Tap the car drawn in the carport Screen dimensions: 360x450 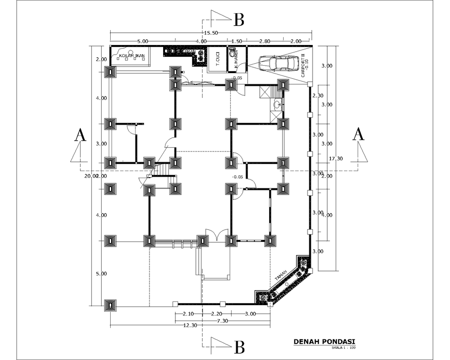point(278,63)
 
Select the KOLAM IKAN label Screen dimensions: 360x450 point(132,56)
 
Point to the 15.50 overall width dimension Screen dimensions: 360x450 point(211,33)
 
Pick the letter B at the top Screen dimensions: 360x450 point(239,20)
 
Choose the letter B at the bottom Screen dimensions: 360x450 point(239,347)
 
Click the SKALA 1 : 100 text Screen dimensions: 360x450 point(343,348)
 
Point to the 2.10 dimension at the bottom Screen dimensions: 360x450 point(188,314)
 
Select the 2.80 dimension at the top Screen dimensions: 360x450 point(264,41)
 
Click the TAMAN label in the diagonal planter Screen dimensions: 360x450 point(281,277)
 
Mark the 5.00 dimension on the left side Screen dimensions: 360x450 point(101,273)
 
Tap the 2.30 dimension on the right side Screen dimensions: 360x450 point(318,96)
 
